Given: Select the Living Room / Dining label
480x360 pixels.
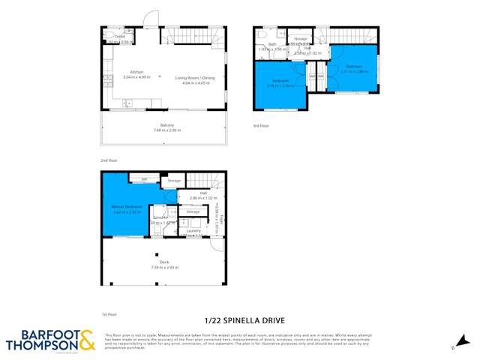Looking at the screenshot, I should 194,78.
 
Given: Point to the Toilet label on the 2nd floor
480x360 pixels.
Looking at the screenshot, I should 118,36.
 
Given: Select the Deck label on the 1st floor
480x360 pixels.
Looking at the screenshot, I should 163,262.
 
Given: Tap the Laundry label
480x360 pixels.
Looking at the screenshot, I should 192,232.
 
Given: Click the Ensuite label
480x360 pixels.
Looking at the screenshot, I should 160,217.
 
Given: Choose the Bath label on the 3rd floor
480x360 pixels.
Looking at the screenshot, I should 272,44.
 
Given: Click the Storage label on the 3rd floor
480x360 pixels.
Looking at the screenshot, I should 301,37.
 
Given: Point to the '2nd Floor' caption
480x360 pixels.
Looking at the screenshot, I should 109,160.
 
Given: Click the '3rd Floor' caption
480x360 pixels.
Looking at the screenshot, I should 260,125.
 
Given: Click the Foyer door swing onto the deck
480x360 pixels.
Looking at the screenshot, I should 217,244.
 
